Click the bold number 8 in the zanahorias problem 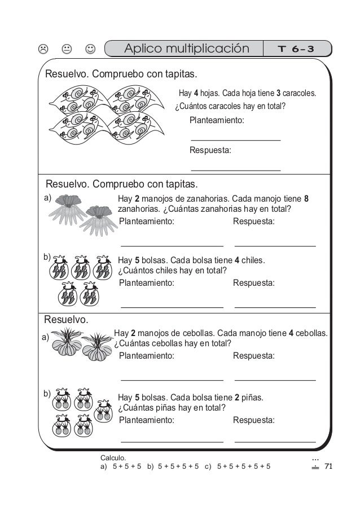pyautogui.click(x=306, y=199)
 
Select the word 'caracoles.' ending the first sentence pyautogui.click(x=300, y=93)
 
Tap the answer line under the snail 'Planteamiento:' pyautogui.click(x=236, y=139)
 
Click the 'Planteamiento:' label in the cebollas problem pyautogui.click(x=147, y=356)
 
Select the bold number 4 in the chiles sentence pyautogui.click(x=237, y=261)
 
